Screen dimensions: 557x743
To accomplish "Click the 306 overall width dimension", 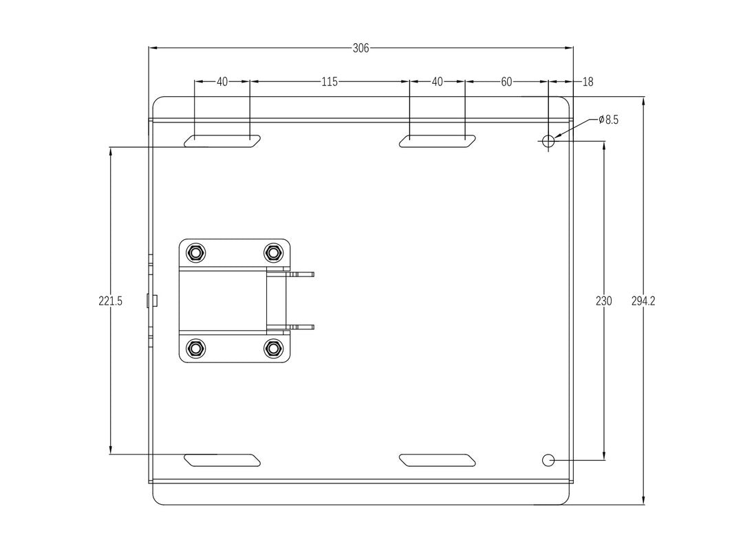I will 360,48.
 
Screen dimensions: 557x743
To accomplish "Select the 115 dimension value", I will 329,82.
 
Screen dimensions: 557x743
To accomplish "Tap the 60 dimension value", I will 506,82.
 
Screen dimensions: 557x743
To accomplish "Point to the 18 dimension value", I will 588,82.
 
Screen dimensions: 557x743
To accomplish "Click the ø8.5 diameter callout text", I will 608,120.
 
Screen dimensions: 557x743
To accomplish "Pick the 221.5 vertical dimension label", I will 110,301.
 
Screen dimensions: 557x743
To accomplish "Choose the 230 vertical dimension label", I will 603,301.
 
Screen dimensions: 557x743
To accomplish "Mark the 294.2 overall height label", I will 643,301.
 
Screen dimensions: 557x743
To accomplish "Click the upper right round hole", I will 548,142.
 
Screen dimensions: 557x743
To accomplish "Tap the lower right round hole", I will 548,460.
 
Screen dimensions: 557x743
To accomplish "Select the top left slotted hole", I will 222,142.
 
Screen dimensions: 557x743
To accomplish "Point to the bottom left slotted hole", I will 222,460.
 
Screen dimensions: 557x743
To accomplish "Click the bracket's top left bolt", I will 196,253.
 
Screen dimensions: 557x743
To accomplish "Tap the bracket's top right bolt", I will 273,253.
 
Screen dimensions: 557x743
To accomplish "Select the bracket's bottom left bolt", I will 196,349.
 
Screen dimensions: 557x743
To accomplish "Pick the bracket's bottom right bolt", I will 273,349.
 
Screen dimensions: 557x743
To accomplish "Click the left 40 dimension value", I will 222,82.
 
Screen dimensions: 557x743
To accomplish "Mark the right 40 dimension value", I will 437,82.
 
